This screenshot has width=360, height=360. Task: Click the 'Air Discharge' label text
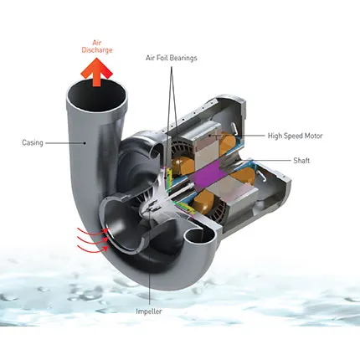pyautogui.click(x=97, y=47)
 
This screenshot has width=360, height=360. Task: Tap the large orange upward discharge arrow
pyautogui.click(x=96, y=72)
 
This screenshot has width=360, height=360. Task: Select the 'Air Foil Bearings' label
pyautogui.click(x=172, y=58)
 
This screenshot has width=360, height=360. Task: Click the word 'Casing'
pyautogui.click(x=33, y=143)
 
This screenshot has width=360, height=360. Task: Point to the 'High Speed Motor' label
pyautogui.click(x=295, y=136)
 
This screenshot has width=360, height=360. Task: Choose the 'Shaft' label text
pyautogui.click(x=301, y=161)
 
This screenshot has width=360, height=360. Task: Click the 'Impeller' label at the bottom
pyautogui.click(x=149, y=311)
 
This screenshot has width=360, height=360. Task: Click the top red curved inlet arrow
pyautogui.click(x=93, y=231)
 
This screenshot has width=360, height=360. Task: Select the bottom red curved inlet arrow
pyautogui.click(x=93, y=249)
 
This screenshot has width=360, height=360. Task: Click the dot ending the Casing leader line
pyautogui.click(x=85, y=143)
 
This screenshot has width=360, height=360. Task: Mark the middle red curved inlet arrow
pyautogui.click(x=93, y=239)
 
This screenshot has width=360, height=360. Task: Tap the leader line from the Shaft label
pyautogui.click(x=268, y=161)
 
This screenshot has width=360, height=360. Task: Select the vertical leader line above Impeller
pyautogui.click(x=150, y=257)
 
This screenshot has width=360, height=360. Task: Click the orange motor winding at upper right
pyautogui.click(x=227, y=144)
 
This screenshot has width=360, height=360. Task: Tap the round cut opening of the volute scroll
pyautogui.click(x=200, y=238)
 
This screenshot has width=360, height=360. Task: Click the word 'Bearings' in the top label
pyautogui.click(x=183, y=58)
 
